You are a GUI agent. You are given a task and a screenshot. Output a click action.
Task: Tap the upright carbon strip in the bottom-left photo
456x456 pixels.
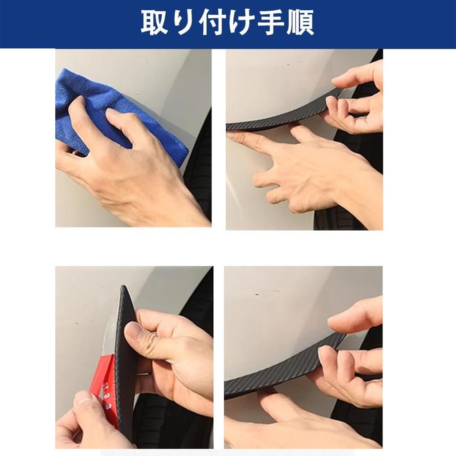(126, 358)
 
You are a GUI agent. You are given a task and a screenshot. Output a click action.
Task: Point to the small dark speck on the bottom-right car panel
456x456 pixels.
(256, 294)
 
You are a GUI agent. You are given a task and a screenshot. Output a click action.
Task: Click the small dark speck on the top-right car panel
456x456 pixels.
(289, 64)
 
